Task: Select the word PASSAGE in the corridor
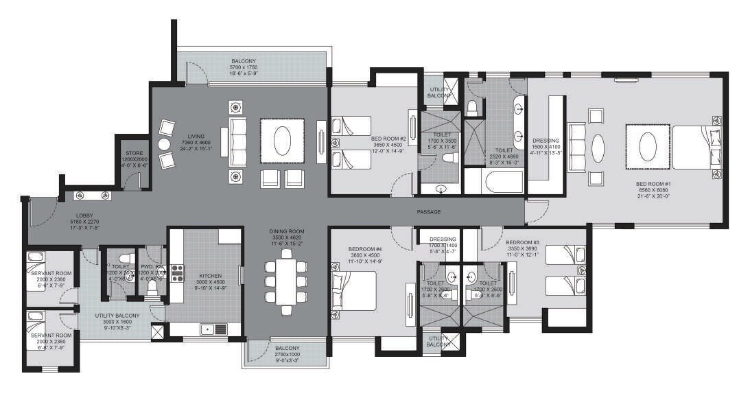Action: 429,212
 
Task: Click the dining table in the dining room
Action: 286,280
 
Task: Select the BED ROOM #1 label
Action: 653,185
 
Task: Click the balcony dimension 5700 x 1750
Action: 244,69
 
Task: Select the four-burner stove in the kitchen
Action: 177,273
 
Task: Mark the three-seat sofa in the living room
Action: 237,139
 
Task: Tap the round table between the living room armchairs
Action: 163,144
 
